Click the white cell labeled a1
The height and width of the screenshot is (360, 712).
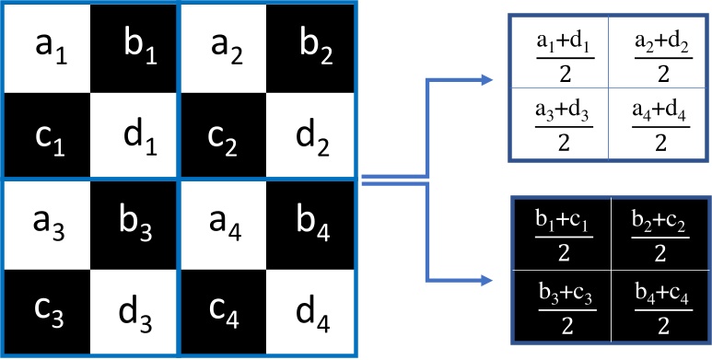click(46, 47)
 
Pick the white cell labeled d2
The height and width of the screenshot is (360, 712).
click(310, 135)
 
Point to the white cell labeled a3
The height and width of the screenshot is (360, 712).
click(46, 224)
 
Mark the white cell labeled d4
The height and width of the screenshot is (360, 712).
click(310, 313)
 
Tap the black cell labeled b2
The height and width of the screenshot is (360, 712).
click(310, 47)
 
